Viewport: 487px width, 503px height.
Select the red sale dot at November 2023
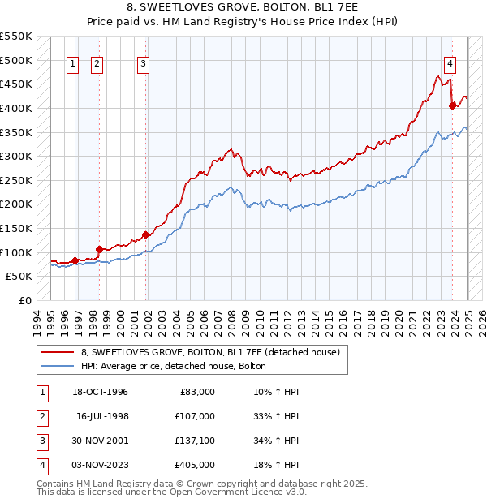[452, 105]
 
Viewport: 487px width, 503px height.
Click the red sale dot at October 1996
[75, 260]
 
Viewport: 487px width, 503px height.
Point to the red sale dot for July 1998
[99, 249]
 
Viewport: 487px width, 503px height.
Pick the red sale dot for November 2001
[146, 234]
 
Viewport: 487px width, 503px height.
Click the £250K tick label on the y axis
[16, 180]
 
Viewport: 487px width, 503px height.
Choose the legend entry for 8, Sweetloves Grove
[214, 351]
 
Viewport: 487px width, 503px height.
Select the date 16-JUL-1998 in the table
[102, 416]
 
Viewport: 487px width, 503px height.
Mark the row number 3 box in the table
[41, 441]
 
